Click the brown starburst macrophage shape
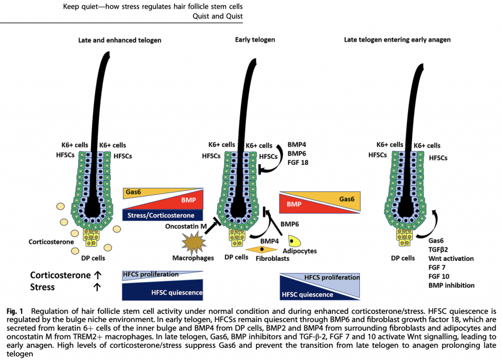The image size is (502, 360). pos(193,243)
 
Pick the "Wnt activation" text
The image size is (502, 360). pos(451,258)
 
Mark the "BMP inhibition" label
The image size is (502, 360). pos(452,285)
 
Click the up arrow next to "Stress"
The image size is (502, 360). pos(97,287)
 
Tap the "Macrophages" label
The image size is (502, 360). pos(193,258)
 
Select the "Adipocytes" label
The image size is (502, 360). pos(300,251)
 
